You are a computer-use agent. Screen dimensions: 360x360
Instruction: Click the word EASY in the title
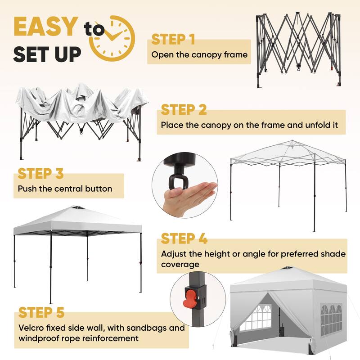(45, 27)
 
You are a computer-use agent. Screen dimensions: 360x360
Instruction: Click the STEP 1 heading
(173, 40)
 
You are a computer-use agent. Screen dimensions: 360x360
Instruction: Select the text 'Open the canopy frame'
(199, 55)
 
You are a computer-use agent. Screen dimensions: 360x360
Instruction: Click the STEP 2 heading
(184, 110)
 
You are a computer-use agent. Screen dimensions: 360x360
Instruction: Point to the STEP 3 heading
(40, 174)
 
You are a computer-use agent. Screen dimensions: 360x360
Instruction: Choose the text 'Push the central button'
(65, 189)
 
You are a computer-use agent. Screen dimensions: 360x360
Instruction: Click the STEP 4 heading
(184, 238)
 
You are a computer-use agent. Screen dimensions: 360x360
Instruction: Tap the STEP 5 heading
(41, 312)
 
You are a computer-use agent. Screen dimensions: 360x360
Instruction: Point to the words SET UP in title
(47, 54)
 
